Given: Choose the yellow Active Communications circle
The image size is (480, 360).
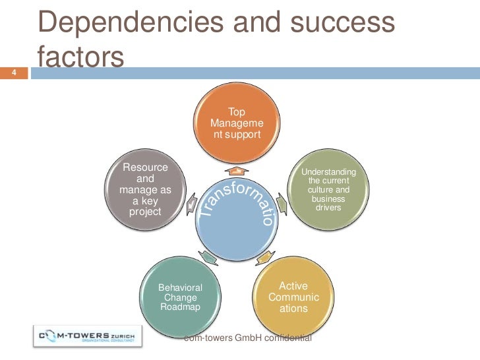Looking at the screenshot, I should (x=293, y=298).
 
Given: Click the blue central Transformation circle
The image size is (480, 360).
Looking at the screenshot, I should (x=236, y=214).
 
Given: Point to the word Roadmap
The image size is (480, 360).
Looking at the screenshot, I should (x=180, y=308).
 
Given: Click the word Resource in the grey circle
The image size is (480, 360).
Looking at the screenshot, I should (x=146, y=167).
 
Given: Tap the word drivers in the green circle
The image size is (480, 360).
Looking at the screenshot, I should (x=328, y=208).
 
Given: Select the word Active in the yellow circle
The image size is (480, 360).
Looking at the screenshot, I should (x=293, y=286).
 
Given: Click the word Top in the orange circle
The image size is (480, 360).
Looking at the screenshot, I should (x=236, y=112).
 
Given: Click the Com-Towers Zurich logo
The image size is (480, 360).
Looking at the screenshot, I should (x=86, y=336).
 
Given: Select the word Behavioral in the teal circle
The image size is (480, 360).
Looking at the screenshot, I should (x=180, y=288).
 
